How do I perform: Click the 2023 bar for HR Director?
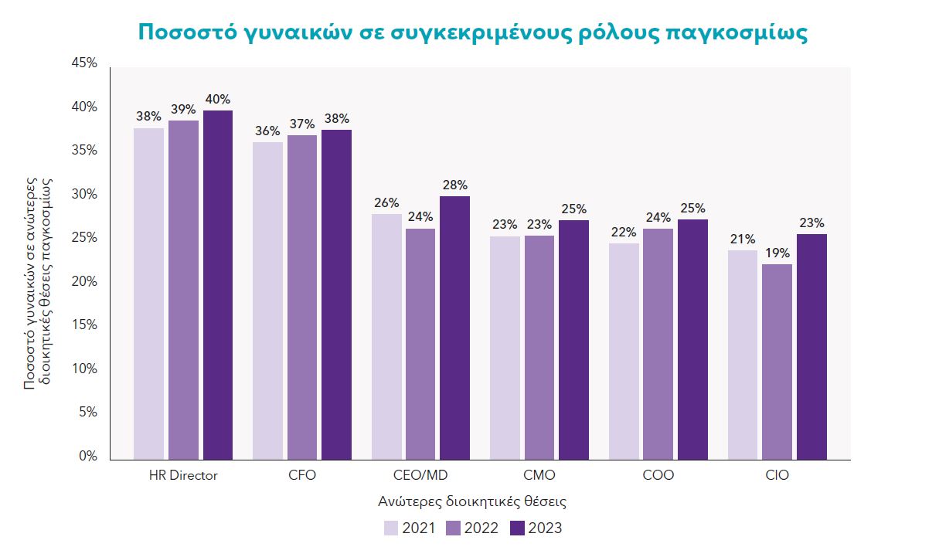point(217,285)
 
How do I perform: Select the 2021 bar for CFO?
point(267,301)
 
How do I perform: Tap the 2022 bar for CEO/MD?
point(420,344)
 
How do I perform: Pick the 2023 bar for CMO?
point(574,340)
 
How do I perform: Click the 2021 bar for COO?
point(624,352)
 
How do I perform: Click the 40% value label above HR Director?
point(217,100)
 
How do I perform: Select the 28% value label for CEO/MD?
point(454,185)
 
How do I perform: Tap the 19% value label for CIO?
point(777,253)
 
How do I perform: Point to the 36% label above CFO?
point(267,131)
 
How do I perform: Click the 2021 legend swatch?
point(391,528)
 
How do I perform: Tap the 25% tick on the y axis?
point(85,238)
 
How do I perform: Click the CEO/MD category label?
point(420,475)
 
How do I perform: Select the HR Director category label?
point(183,475)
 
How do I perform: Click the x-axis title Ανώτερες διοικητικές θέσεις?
point(472,501)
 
